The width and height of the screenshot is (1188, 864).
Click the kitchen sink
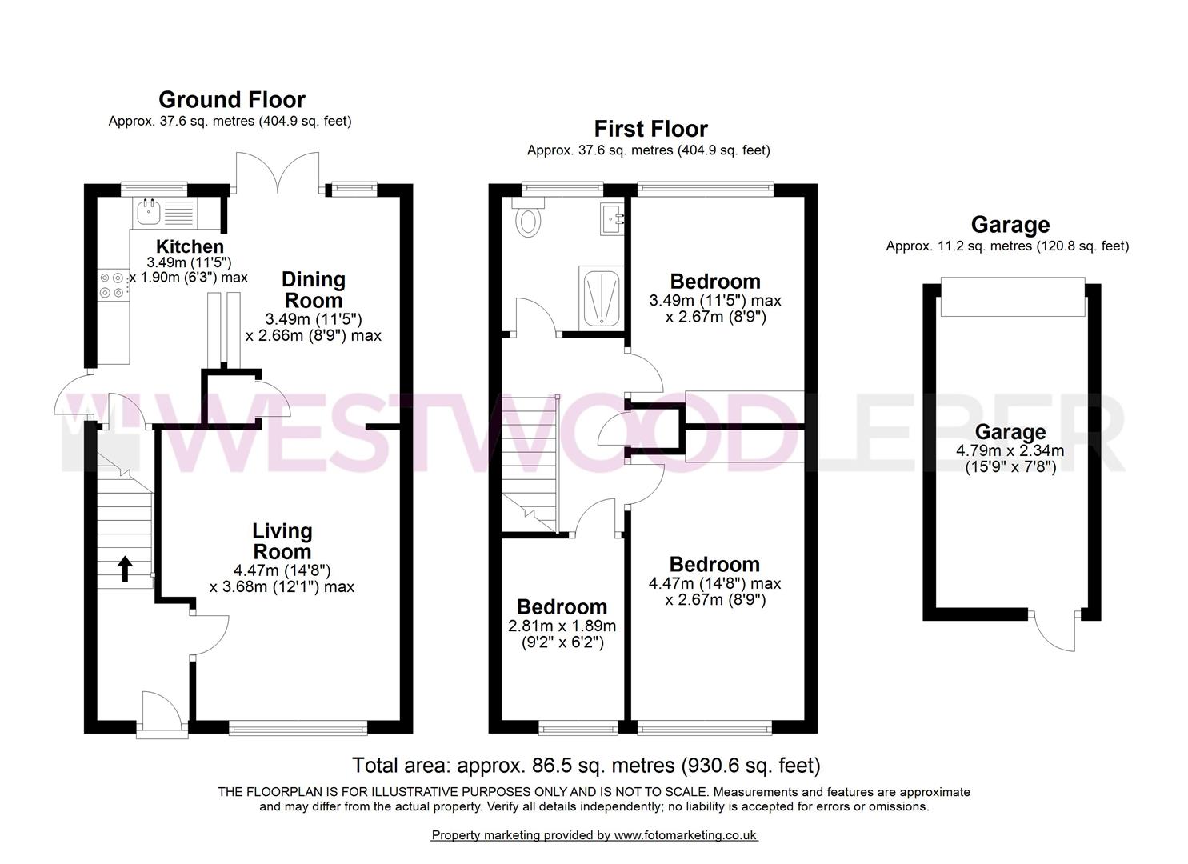[x=150, y=211]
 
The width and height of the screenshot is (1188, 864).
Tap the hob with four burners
[x=112, y=285]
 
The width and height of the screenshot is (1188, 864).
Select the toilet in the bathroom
[x=529, y=219]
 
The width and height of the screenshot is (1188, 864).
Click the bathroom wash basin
[x=614, y=217]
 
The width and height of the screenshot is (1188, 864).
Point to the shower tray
[x=600, y=297]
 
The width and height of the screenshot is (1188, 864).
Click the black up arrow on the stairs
[x=125, y=568]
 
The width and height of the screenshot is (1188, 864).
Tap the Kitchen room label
[x=190, y=246]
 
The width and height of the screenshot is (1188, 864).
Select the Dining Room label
[x=314, y=290]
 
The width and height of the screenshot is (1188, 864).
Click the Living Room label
[x=282, y=541]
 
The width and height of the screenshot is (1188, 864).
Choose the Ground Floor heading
[x=231, y=100]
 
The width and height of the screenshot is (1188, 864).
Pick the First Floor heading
[x=650, y=129]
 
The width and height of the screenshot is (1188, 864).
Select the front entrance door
[x=162, y=712]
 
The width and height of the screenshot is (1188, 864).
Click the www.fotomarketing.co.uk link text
[x=685, y=835]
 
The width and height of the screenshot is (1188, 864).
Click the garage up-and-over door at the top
[x=1012, y=297]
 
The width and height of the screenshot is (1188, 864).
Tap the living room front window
[x=298, y=727]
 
